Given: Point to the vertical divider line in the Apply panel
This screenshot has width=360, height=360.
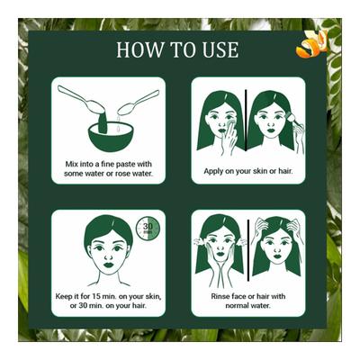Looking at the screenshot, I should [245, 121].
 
